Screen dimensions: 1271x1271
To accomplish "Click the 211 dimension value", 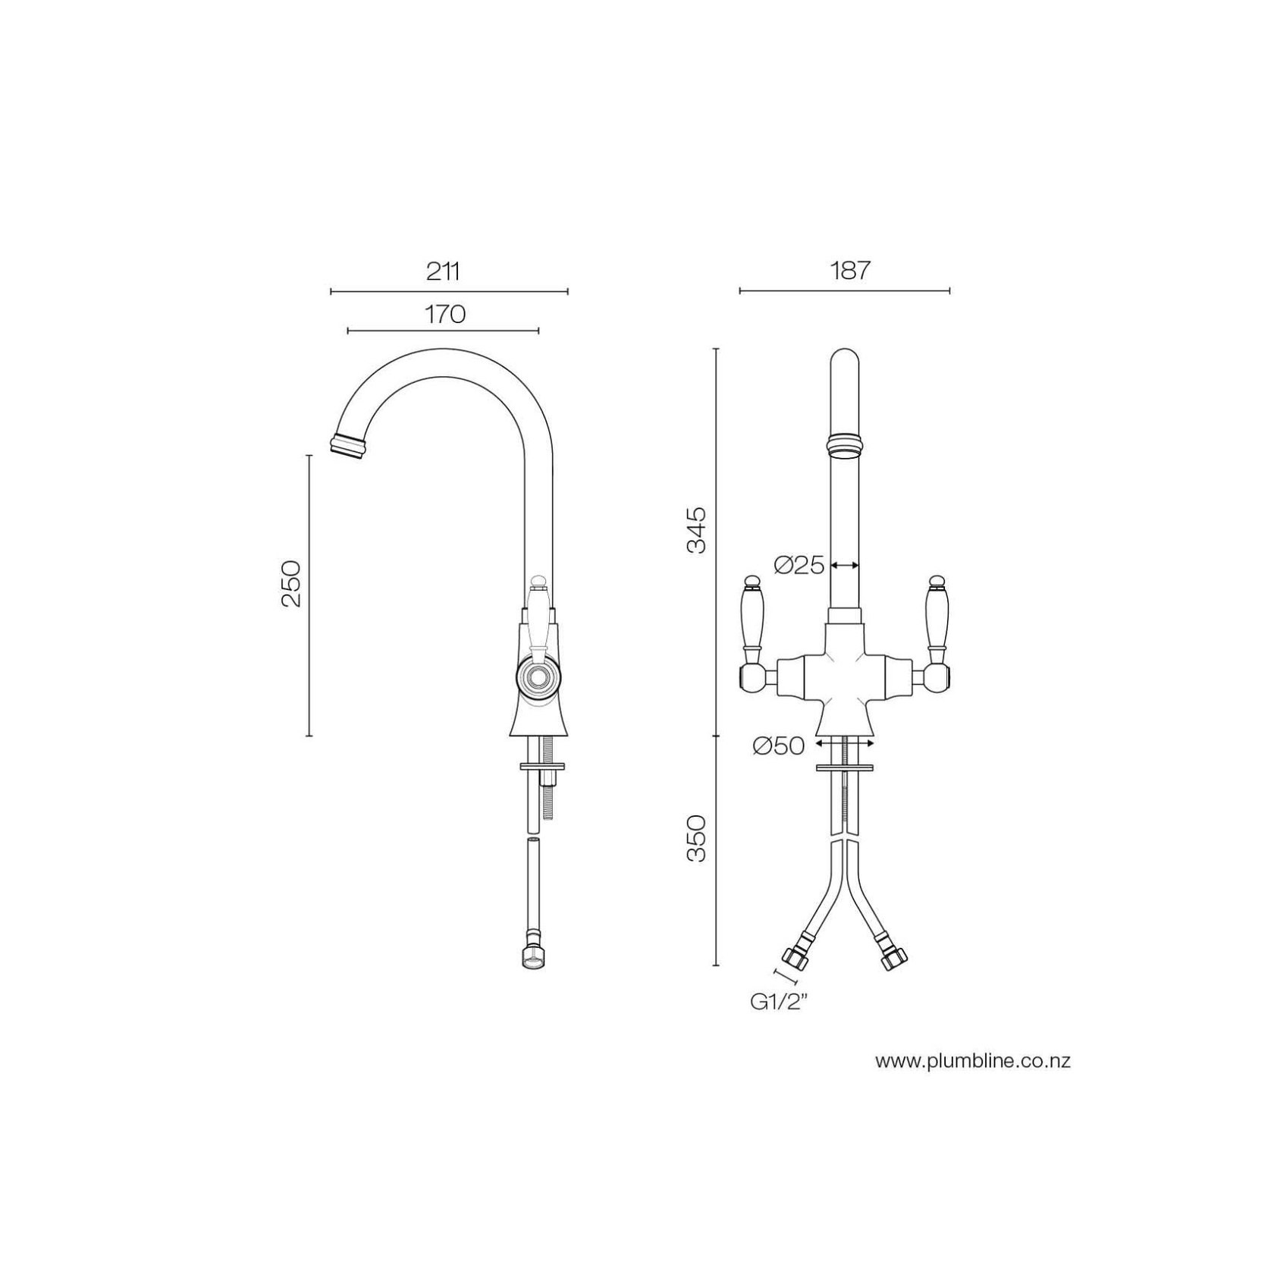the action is pos(444,271).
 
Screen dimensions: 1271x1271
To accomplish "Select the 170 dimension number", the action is pos(444,314).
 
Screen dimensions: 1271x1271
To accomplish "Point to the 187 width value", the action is pos(849,271).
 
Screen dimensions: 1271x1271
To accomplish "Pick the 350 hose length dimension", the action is pos(696,838).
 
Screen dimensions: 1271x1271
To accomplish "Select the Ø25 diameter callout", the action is pos(799,565).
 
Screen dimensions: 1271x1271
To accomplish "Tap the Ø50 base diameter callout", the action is pos(779,746).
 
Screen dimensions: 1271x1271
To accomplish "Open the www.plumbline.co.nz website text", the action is pos(973,1061).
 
